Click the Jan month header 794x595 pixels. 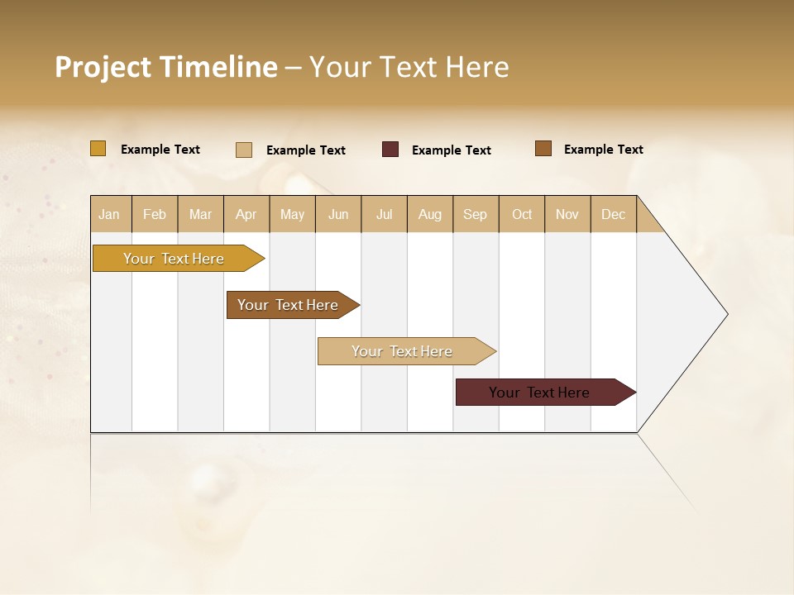(x=110, y=214)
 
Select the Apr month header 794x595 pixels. (x=246, y=214)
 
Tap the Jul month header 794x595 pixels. (x=384, y=214)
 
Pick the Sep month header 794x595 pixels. (x=476, y=214)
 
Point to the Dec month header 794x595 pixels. (x=613, y=214)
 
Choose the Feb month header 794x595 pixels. (x=155, y=214)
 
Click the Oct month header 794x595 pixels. (x=522, y=214)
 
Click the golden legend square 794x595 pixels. (x=98, y=149)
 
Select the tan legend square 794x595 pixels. (x=244, y=150)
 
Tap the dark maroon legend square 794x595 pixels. (x=390, y=150)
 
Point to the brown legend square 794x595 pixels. (x=543, y=149)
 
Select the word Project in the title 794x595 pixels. (x=103, y=67)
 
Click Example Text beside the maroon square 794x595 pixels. (x=451, y=150)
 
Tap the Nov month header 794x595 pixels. (x=567, y=214)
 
